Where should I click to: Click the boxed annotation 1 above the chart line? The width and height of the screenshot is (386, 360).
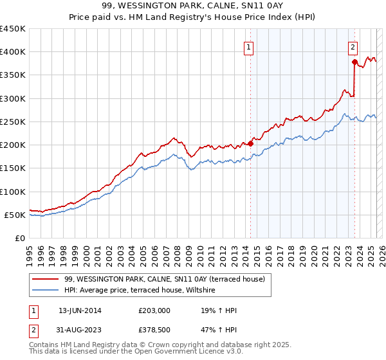pyautogui.click(x=248, y=46)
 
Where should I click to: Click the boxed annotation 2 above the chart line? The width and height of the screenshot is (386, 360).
pyautogui.click(x=353, y=46)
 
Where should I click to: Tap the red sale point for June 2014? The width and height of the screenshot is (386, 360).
pyautogui.click(x=250, y=143)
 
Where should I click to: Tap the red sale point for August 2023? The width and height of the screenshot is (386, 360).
pyautogui.click(x=354, y=62)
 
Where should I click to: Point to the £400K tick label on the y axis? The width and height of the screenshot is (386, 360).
pyautogui.click(x=13, y=52)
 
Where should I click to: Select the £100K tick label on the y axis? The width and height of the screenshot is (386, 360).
pyautogui.click(x=13, y=192)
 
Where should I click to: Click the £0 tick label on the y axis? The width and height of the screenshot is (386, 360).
pyautogui.click(x=20, y=239)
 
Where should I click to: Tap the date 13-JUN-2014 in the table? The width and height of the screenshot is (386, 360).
pyautogui.click(x=80, y=310)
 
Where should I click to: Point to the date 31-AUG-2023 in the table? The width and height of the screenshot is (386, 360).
pyautogui.click(x=80, y=331)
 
